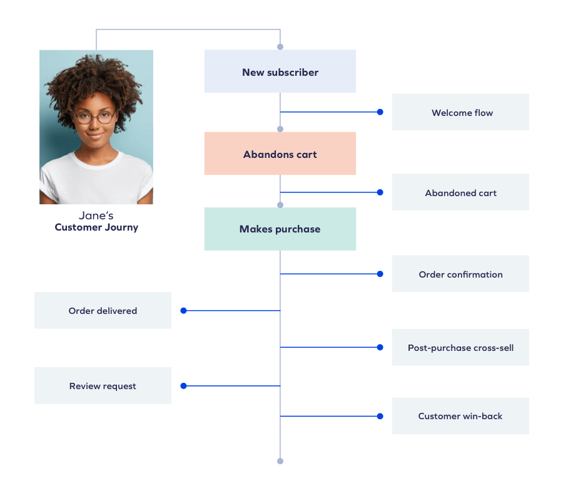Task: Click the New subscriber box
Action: pos(280,72)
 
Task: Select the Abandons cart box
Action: pos(280,154)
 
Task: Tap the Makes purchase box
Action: pos(280,229)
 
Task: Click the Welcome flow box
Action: pos(460,113)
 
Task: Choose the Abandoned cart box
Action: pos(460,193)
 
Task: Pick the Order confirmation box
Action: pos(460,274)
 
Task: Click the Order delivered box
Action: pos(103,311)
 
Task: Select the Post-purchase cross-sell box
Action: pos(460,348)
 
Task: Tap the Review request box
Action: pos(103,386)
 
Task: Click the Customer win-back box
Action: pos(460,416)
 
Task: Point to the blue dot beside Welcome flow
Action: pos(380,112)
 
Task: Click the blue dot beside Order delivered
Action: pos(183,310)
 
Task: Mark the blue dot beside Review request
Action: pos(183,386)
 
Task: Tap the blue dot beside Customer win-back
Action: pos(380,416)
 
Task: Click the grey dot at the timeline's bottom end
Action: pos(280,461)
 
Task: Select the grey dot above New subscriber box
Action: pos(280,46)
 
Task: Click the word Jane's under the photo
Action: pos(96,216)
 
